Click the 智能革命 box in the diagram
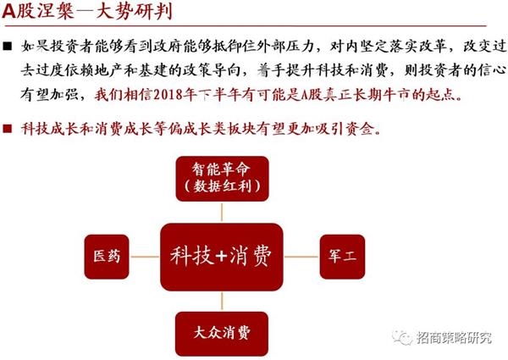click(222, 179)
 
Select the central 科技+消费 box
click(222, 257)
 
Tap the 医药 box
click(107, 257)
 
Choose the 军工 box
click(342, 257)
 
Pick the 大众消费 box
click(222, 334)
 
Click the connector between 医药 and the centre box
click(145, 257)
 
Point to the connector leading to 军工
click(301, 257)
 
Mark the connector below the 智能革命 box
click(222, 213)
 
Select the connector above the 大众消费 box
click(222, 302)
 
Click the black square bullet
click(7, 47)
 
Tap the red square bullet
click(7, 129)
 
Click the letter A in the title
click(8, 11)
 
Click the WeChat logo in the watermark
click(401, 338)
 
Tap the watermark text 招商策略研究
click(454, 338)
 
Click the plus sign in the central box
click(221, 256)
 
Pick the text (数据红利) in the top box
click(222, 186)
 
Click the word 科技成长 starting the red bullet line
click(50, 129)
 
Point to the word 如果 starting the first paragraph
click(36, 47)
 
